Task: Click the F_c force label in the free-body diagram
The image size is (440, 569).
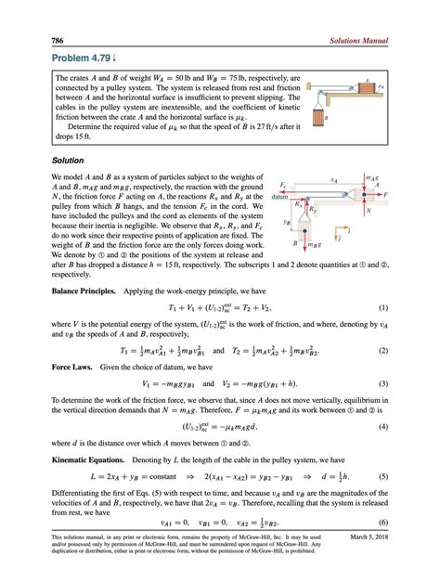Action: click(282, 186)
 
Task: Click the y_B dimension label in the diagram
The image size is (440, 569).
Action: click(286, 223)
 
